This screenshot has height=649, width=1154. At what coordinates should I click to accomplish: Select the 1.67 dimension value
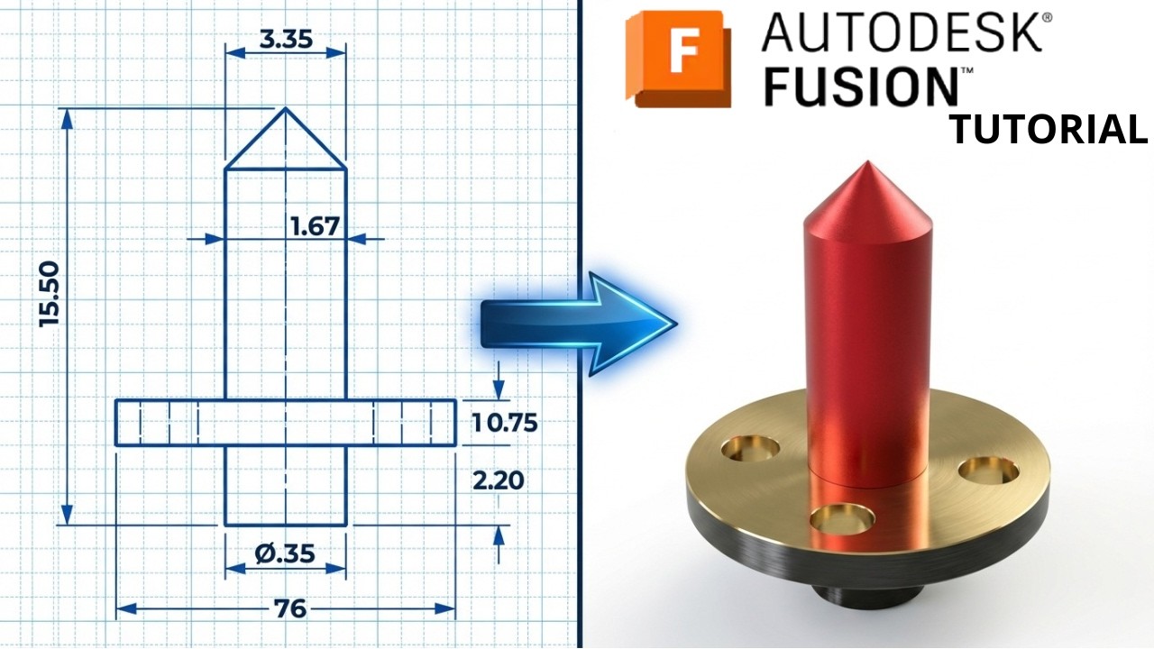tap(315, 226)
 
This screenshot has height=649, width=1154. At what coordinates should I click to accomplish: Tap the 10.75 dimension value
tap(505, 422)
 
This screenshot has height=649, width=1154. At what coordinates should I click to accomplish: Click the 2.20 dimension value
tap(498, 480)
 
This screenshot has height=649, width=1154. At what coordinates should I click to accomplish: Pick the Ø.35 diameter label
tap(285, 553)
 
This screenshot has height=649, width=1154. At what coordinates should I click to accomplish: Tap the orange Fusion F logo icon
tap(678, 59)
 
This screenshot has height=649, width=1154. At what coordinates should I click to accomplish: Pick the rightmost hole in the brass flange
tap(990, 471)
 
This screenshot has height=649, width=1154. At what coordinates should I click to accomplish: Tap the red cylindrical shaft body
tap(865, 343)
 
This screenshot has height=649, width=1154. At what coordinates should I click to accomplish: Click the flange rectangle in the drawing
tap(285, 422)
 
